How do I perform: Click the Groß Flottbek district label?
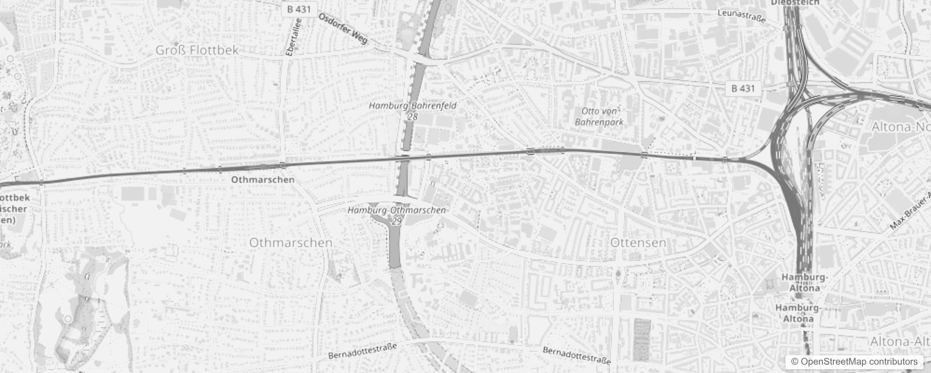(197, 50)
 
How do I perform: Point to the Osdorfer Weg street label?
(343, 28)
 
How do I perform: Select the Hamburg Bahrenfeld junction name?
(413, 106)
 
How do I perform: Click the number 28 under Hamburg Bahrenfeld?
(412, 117)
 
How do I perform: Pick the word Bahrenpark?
(599, 122)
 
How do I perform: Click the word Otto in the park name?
(590, 111)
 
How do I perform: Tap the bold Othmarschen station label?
(263, 180)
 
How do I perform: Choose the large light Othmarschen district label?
(291, 242)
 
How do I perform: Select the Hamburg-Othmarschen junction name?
(396, 210)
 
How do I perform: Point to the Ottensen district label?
(638, 242)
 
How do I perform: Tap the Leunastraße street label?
(742, 16)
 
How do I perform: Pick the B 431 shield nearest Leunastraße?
(743, 88)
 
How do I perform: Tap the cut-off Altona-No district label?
(900, 127)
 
